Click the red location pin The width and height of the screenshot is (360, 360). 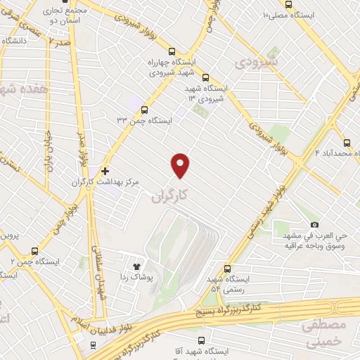[181, 165]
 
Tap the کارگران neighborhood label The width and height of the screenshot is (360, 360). [170, 198]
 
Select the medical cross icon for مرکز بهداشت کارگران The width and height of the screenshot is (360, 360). [105, 170]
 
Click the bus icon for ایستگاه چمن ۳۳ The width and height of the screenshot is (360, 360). [144, 110]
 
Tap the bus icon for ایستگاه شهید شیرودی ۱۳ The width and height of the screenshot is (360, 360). [205, 78]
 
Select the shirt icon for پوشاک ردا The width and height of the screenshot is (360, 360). [136, 266]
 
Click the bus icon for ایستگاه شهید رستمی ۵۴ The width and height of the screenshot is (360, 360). [226, 268]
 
